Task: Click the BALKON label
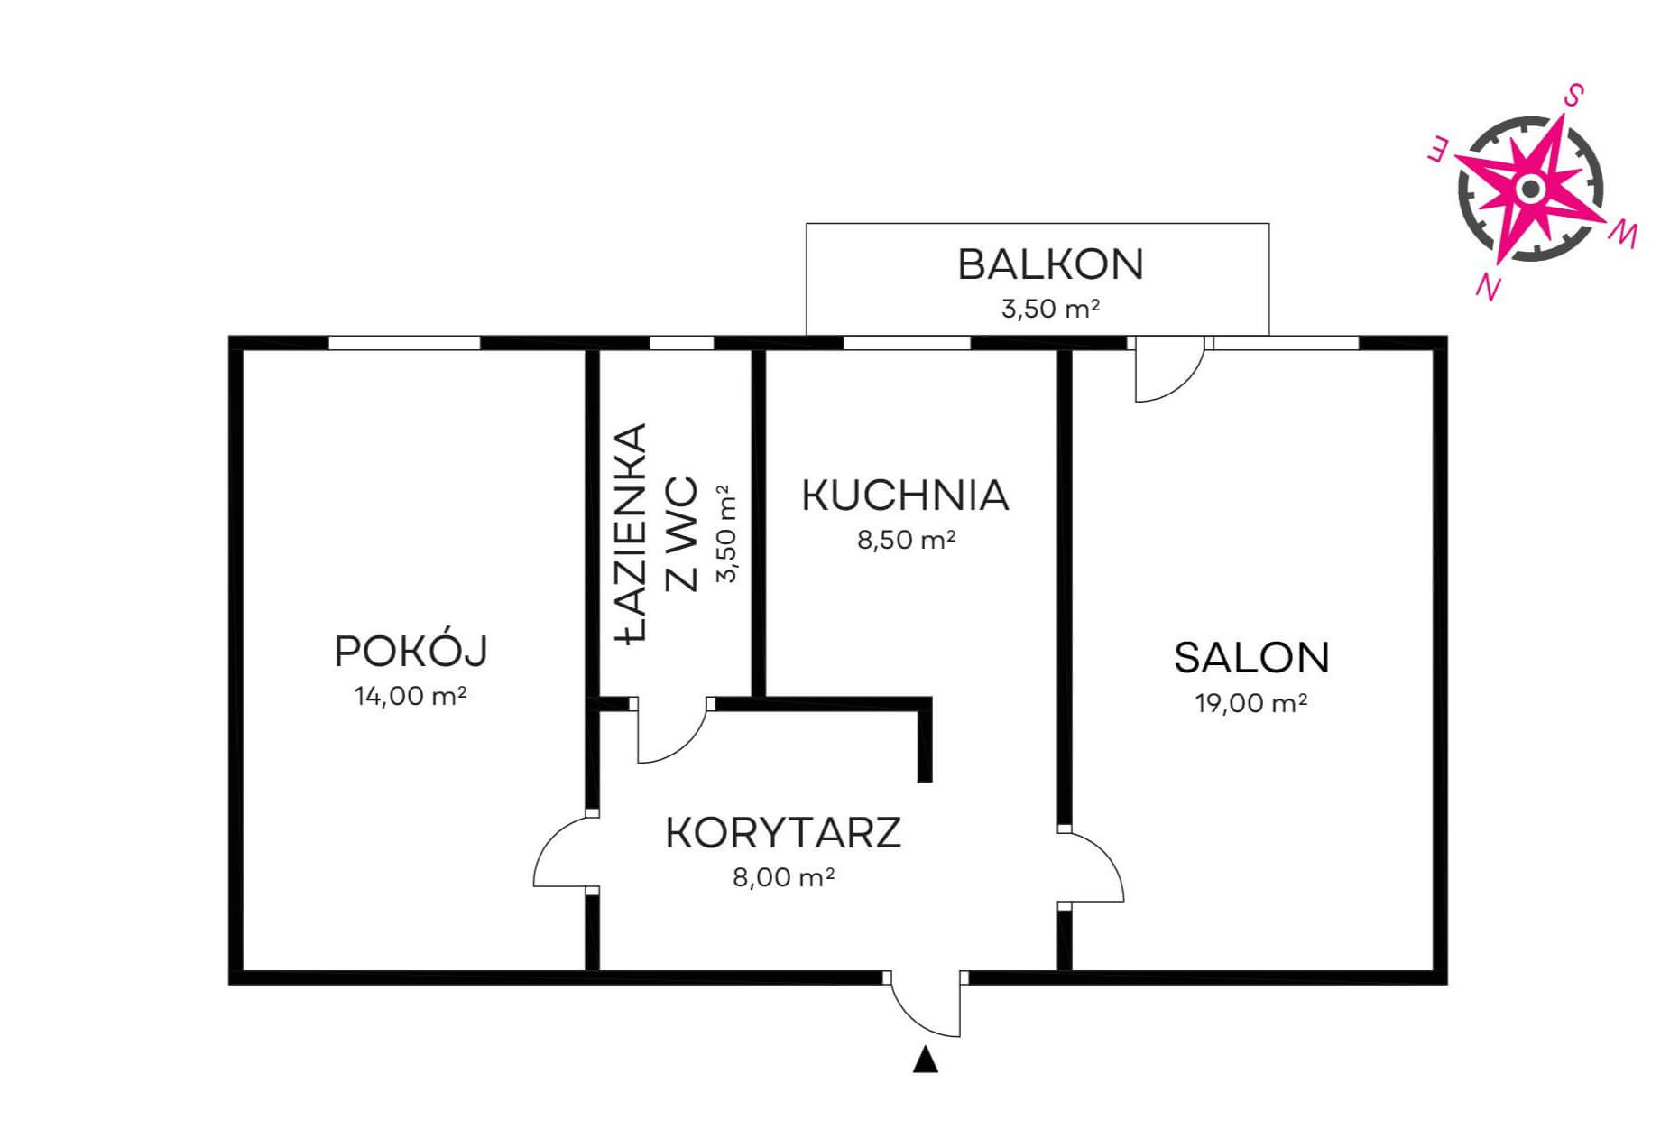tap(1050, 264)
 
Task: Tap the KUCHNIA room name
tap(905, 496)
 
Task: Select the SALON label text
tap(1251, 658)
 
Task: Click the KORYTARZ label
tap(783, 833)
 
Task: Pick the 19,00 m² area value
tap(1251, 703)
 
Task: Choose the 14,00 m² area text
tap(411, 696)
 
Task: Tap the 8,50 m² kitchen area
tap(906, 540)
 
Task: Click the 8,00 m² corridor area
tap(783, 876)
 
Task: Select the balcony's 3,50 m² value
tap(1050, 309)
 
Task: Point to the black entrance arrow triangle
tap(925, 1060)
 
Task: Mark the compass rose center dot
tap(1529, 189)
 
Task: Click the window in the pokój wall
tap(404, 343)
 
